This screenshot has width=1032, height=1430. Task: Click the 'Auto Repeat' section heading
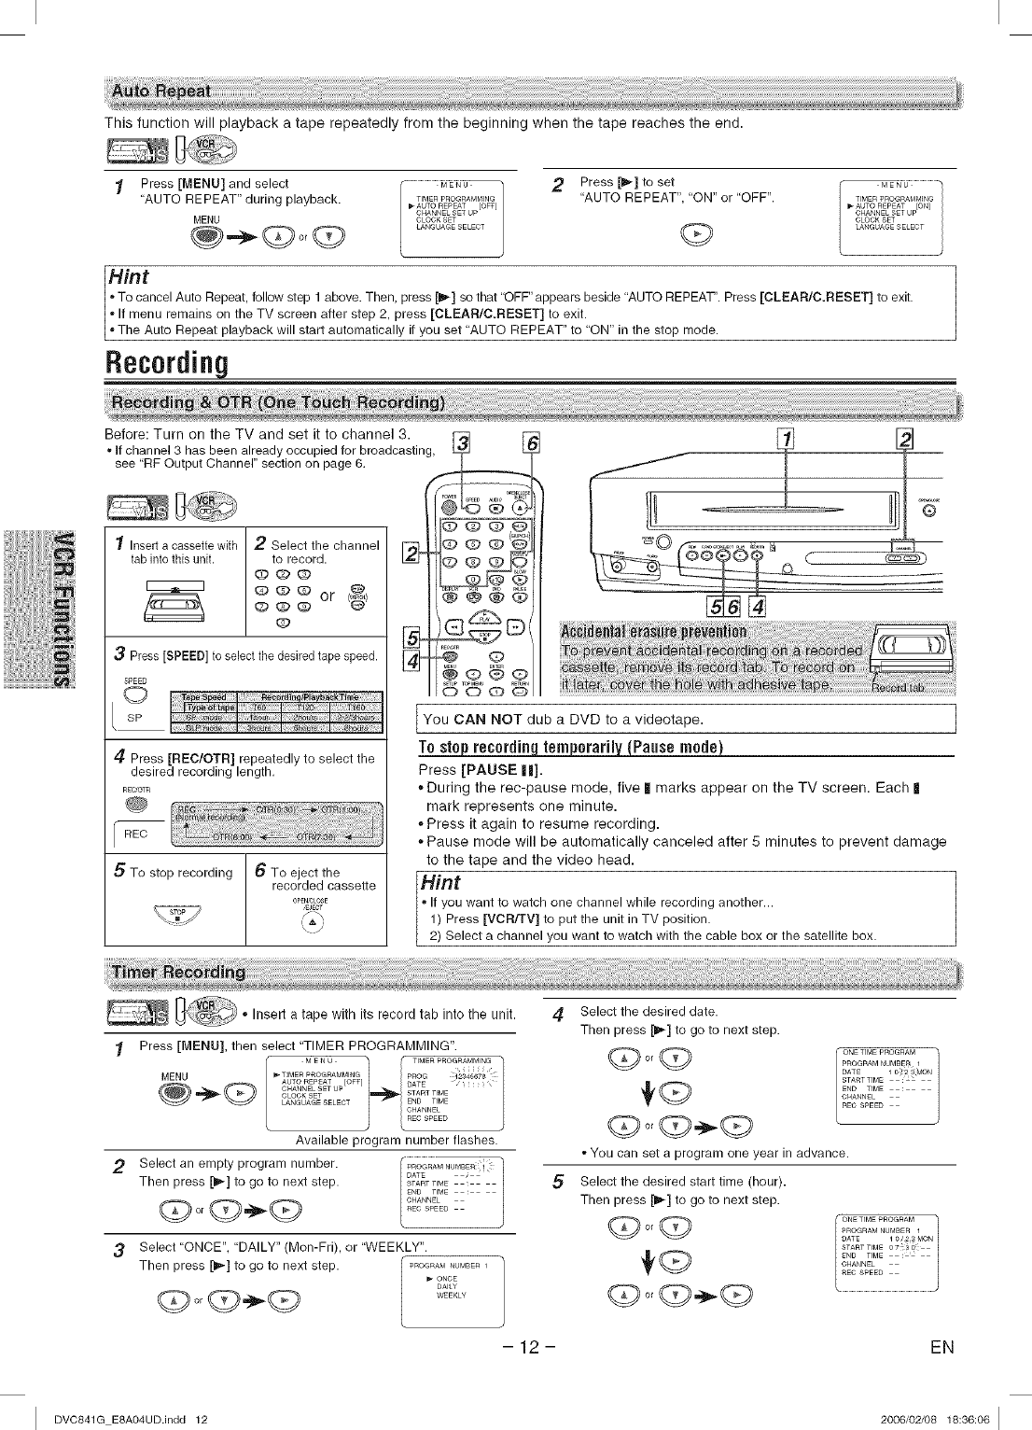tap(160, 91)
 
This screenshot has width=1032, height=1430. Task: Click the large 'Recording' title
tap(168, 363)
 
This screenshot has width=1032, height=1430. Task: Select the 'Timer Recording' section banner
tap(178, 973)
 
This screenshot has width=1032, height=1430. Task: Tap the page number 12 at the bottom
tap(530, 1347)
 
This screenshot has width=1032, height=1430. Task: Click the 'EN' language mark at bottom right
tap(941, 1347)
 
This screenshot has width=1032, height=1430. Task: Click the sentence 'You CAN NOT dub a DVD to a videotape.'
tap(563, 719)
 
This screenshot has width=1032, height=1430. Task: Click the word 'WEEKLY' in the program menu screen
tap(452, 1296)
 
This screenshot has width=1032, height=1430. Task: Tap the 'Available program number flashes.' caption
tap(397, 1140)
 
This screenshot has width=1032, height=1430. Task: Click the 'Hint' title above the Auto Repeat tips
tap(129, 277)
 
